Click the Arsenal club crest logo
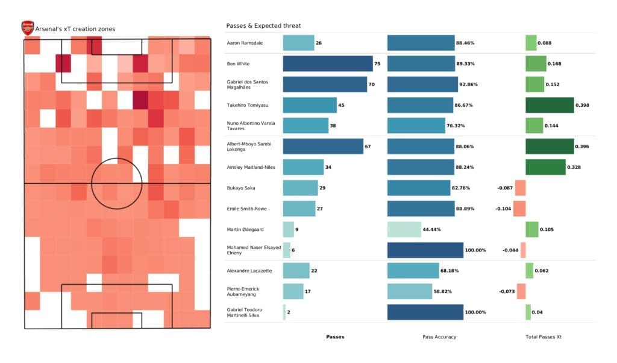[28, 28]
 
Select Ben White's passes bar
[328, 63]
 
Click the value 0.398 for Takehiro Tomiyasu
[582, 105]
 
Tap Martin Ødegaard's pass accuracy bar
[404, 229]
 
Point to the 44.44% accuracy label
[433, 229]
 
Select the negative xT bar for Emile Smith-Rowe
[519, 209]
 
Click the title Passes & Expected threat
[263, 26]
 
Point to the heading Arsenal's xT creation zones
[76, 28]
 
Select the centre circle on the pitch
[117, 183]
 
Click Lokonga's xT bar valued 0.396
[550, 147]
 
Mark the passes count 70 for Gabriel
[371, 84]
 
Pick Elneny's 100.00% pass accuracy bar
[425, 250]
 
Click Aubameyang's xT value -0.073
[507, 292]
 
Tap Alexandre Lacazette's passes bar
[296, 271]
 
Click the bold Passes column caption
[335, 336]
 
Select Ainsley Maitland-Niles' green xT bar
[545, 167]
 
